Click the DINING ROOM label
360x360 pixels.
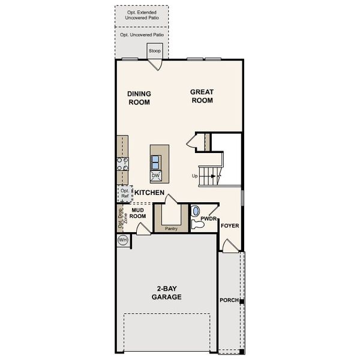tap(139, 98)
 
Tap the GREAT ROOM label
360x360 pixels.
tap(202, 96)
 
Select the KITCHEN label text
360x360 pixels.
tap(149, 193)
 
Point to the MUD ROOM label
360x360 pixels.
tap(139, 213)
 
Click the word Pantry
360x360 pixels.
tap(171, 228)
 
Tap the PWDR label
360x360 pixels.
tap(208, 219)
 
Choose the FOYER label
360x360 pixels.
tap(230, 226)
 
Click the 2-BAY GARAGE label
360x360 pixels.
tap(167, 292)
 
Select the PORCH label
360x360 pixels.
tap(229, 300)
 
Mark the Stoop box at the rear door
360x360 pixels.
tap(155, 51)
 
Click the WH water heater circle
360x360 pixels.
tap(123, 240)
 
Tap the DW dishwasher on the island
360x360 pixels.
tap(156, 175)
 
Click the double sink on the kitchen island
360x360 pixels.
tap(156, 161)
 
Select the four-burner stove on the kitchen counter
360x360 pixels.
tap(122, 164)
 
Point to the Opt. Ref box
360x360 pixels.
tap(125, 193)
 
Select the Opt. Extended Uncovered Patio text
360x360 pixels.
tap(142, 15)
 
